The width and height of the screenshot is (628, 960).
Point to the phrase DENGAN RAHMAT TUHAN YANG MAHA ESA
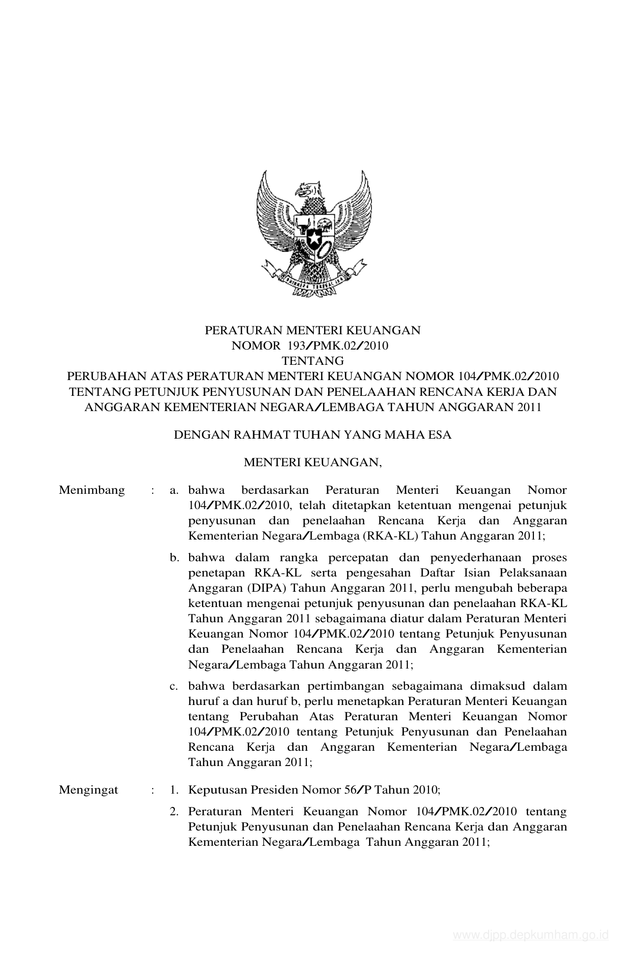[x=313, y=435]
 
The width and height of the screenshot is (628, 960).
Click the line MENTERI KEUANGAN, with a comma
[x=313, y=462]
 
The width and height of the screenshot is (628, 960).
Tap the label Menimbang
[x=92, y=490]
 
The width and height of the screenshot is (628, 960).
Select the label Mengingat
[x=89, y=790]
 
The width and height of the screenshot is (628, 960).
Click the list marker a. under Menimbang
[x=173, y=490]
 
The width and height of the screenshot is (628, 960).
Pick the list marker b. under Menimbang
[x=174, y=558]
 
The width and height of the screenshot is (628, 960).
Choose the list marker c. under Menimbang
[x=173, y=686]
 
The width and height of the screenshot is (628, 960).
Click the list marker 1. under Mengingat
[x=173, y=790]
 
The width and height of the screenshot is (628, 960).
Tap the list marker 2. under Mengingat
[x=173, y=811]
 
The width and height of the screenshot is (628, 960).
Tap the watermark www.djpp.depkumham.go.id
[x=531, y=934]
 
